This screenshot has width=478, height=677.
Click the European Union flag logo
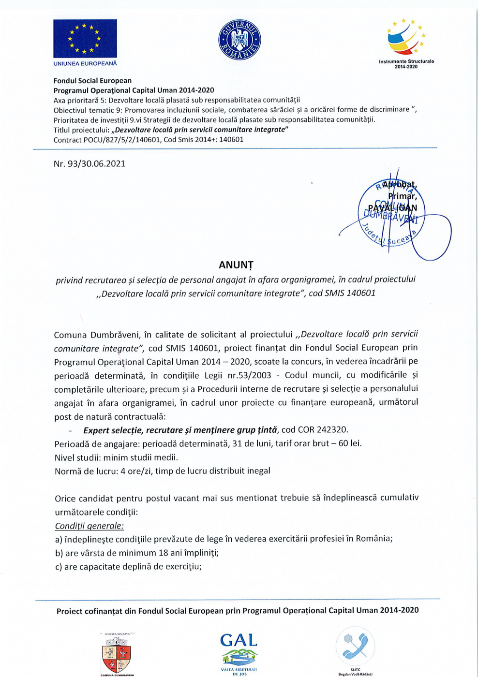85,39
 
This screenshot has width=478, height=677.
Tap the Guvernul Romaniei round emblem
239,40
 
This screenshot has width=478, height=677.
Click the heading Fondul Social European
92,81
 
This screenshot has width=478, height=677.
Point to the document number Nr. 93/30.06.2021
90,164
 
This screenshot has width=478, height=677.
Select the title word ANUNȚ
236,265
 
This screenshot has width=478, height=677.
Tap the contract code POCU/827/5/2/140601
121,140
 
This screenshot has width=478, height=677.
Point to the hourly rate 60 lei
350,443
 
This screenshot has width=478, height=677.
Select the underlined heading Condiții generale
90,526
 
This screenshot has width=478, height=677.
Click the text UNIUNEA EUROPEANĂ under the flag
85,63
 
